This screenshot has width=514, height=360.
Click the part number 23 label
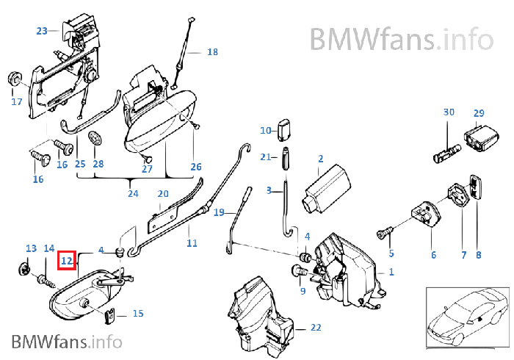[x=42, y=31]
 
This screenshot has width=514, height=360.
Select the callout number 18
[x=212, y=52]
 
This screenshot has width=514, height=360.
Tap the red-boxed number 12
[x=67, y=259]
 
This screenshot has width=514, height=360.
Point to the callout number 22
[x=315, y=327]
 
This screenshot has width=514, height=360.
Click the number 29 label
[x=479, y=113]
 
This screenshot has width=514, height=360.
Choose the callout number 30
[x=449, y=112]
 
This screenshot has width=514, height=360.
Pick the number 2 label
[x=320, y=158]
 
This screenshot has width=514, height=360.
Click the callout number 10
[x=266, y=130]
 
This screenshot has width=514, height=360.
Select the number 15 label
[x=137, y=314]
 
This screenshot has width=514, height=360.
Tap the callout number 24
[x=132, y=194]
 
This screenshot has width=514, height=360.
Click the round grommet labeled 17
[x=13, y=77]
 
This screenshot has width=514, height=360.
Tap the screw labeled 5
[x=383, y=233]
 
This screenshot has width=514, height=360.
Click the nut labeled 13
[x=27, y=270]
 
